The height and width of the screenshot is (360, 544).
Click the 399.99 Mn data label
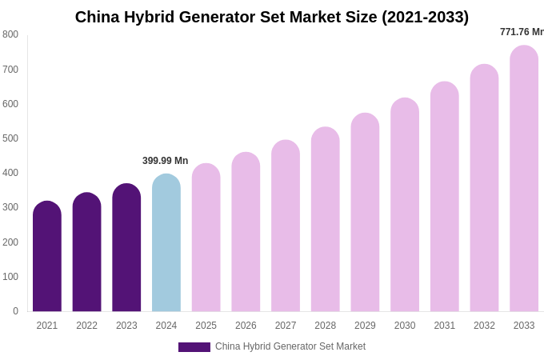165,161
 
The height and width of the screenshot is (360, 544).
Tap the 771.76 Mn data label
522,32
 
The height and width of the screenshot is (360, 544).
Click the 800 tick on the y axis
10,34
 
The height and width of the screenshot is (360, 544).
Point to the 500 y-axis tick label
10,138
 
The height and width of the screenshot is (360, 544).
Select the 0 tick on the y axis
15,311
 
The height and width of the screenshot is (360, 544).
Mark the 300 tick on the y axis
10,207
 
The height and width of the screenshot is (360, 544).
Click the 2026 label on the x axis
246,326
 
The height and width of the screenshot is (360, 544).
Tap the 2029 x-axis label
365,326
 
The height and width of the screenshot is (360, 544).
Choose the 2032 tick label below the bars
484,326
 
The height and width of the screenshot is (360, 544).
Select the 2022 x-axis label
86,326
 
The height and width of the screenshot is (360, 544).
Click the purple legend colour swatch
194,347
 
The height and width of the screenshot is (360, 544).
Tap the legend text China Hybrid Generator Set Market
290,346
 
